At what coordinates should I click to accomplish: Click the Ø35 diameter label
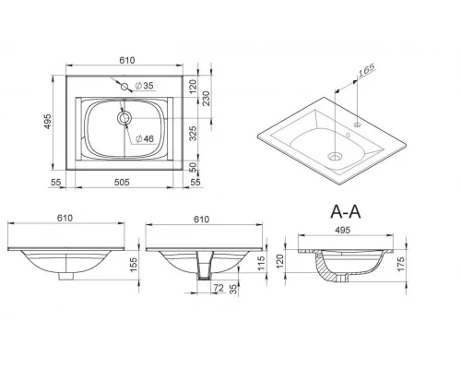point(144,86)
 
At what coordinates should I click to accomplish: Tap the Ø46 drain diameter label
point(145,138)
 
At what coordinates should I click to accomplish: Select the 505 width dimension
point(122,183)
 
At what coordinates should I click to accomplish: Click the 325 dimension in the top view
point(193,133)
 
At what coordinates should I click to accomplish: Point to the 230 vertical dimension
point(207,98)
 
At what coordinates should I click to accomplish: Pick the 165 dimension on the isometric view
point(367,69)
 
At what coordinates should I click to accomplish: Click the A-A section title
point(346,211)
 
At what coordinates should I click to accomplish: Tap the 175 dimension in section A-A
point(401,264)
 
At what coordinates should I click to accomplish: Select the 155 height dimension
point(134,265)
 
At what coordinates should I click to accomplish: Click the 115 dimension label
point(261,263)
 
